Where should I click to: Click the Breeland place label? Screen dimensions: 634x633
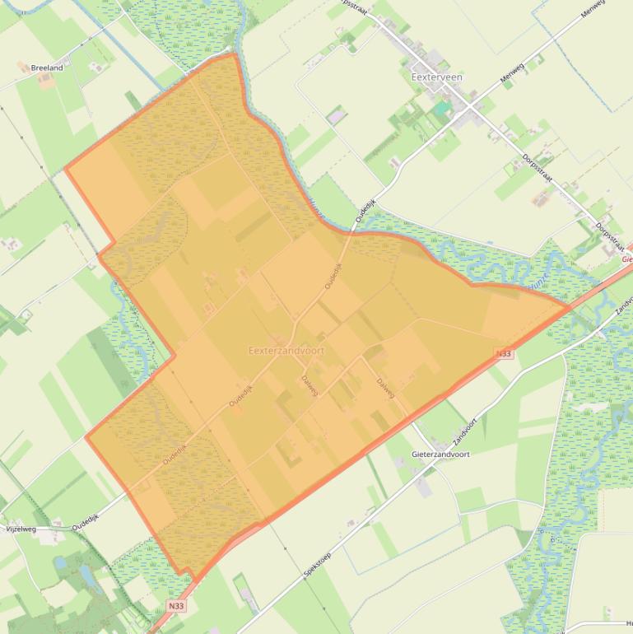pos(46,68)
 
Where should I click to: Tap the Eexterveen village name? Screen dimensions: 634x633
pos(436,77)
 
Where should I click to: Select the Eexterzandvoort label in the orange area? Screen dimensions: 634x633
pos(286,351)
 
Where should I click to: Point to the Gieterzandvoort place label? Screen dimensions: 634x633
pos(440,454)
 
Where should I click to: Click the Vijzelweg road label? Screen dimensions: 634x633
pos(22,529)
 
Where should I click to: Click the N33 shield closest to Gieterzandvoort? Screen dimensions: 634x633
pos(504,353)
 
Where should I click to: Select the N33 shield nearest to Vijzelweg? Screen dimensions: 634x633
pos(175,606)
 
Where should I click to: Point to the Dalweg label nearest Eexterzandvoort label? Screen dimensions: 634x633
pos(310,384)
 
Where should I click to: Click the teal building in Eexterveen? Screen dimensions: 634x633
pos(443,108)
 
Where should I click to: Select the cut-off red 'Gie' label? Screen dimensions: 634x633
pos(627,259)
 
